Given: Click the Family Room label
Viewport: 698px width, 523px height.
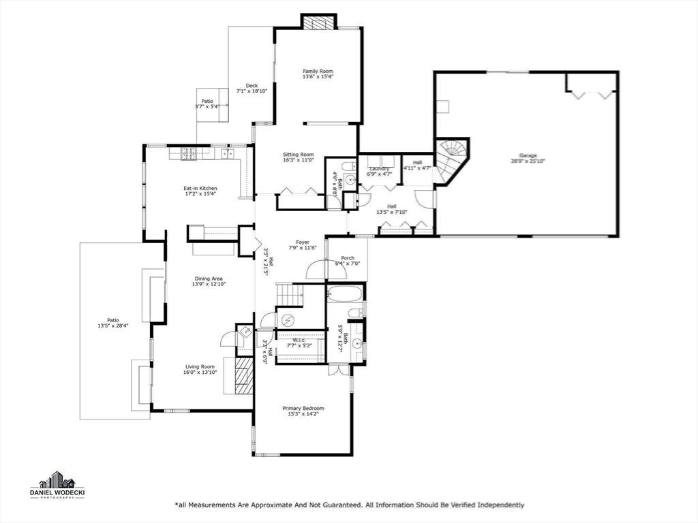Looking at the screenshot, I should pos(318,71).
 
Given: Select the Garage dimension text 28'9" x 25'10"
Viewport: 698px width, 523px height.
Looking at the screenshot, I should pos(528,161).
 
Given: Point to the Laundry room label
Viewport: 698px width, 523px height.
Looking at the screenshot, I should pos(379,168).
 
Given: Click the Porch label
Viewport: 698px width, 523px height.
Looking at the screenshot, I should pos(348,258).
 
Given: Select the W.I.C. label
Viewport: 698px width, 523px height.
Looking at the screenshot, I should pos(299,340).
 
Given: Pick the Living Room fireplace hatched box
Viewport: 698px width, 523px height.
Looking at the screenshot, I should pos(243,376).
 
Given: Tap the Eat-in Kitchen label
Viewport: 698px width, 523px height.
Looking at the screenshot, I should pos(200,188).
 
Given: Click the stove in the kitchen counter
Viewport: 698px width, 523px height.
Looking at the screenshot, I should pos(187,153).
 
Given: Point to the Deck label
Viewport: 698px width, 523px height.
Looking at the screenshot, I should pos(252,85).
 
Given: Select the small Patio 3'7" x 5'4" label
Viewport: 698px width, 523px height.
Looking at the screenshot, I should pos(207,101).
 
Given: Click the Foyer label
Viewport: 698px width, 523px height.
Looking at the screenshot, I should pos(303,242).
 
